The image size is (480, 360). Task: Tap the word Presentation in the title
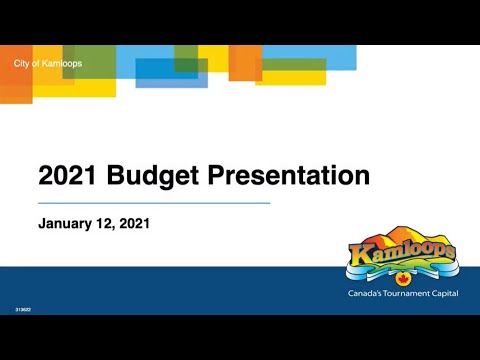click(288, 177)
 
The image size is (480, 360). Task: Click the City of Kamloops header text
click(48, 64)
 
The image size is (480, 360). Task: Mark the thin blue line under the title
click(155, 203)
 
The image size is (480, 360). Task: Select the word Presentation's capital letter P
click(216, 177)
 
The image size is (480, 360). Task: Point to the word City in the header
click(22, 64)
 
